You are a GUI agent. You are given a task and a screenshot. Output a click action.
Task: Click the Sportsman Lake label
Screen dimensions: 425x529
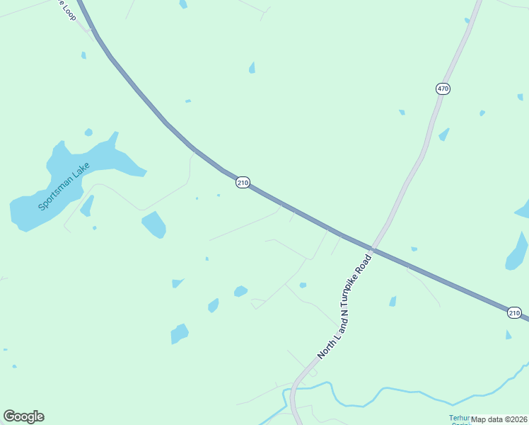coord(64,186)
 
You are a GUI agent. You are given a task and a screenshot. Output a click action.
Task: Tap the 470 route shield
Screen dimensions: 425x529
coord(443,89)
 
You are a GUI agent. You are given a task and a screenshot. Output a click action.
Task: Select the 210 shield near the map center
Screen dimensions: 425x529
coord(243,183)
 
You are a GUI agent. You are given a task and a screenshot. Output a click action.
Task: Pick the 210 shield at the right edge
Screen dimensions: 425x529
coord(515,312)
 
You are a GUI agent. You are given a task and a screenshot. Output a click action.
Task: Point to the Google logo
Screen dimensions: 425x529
coord(23,416)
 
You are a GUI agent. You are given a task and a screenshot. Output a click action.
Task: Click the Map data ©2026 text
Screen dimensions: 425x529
coord(499,419)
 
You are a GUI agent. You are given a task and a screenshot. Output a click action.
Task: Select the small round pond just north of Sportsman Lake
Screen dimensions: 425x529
coord(88,132)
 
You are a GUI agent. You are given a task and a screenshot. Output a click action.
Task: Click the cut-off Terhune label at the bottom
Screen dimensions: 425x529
coord(460,419)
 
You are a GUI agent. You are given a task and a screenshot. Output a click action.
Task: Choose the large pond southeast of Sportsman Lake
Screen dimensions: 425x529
coord(154,224)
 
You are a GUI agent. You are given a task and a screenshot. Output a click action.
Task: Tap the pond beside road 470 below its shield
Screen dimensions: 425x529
coord(444,134)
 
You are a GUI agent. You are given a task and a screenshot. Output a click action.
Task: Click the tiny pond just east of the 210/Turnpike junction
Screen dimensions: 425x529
coord(414,249)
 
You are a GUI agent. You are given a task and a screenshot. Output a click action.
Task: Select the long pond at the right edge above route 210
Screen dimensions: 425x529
coord(517,252)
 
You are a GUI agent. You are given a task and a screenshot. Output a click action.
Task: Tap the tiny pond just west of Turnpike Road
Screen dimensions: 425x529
coord(303,285)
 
